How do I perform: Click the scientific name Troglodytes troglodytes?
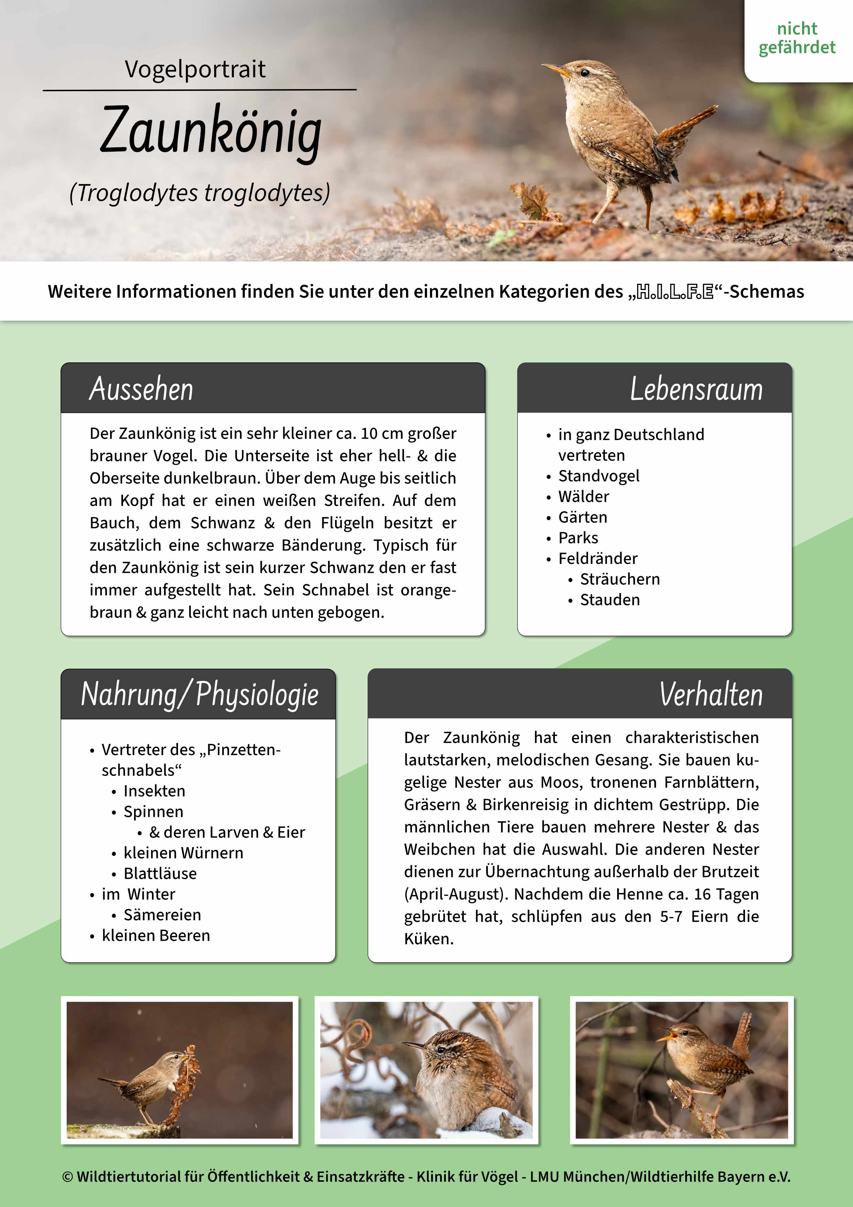pyautogui.click(x=200, y=193)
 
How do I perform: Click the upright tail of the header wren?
pyautogui.click(x=688, y=124)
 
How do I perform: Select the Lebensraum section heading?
pyautogui.click(x=696, y=389)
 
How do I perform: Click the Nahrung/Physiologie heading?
pyautogui.click(x=200, y=694)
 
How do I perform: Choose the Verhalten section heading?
pyautogui.click(x=711, y=694)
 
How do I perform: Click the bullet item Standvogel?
pyautogui.click(x=599, y=476)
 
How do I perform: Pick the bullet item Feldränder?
pyautogui.click(x=598, y=558)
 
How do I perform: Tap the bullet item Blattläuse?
pyautogui.click(x=160, y=873)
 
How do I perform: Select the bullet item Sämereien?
pyautogui.click(x=162, y=915)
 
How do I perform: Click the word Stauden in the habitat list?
pyautogui.click(x=610, y=600)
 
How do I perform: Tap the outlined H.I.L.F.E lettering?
pyautogui.click(x=675, y=292)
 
